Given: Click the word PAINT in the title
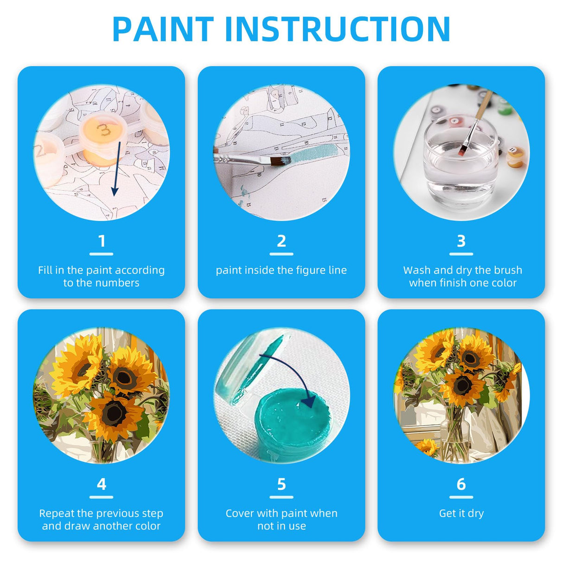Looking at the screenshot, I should pyautogui.click(x=163, y=29).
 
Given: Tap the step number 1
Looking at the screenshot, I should pyautogui.click(x=102, y=241).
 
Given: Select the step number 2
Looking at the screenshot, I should pyautogui.click(x=281, y=241).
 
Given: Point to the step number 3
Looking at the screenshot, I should pyautogui.click(x=461, y=241).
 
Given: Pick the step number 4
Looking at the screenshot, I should pyautogui.click(x=102, y=484).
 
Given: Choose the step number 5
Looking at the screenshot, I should pyautogui.click(x=281, y=484).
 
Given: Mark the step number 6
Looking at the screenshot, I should pyautogui.click(x=461, y=484).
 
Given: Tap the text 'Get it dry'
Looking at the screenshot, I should pyautogui.click(x=461, y=513).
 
